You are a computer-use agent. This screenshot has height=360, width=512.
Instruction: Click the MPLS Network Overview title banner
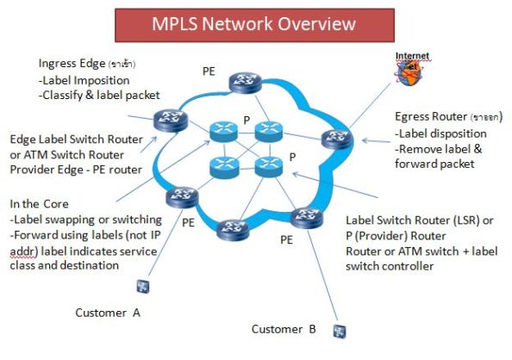pyautogui.click(x=254, y=23)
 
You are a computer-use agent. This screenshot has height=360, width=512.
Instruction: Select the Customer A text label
pyautogui.click(x=108, y=313)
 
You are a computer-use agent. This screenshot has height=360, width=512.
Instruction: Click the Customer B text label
pyautogui.click(x=284, y=329)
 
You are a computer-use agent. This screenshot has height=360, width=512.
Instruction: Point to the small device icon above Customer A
pyautogui.click(x=137, y=286)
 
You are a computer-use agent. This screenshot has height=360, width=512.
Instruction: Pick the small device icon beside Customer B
pyautogui.click(x=340, y=329)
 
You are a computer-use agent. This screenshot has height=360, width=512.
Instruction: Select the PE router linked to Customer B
pyautogui.click(x=302, y=218)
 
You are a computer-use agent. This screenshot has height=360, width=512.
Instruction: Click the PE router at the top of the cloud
pyautogui.click(x=242, y=82)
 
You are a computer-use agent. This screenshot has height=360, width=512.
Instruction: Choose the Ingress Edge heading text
pyautogui.click(x=73, y=64)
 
